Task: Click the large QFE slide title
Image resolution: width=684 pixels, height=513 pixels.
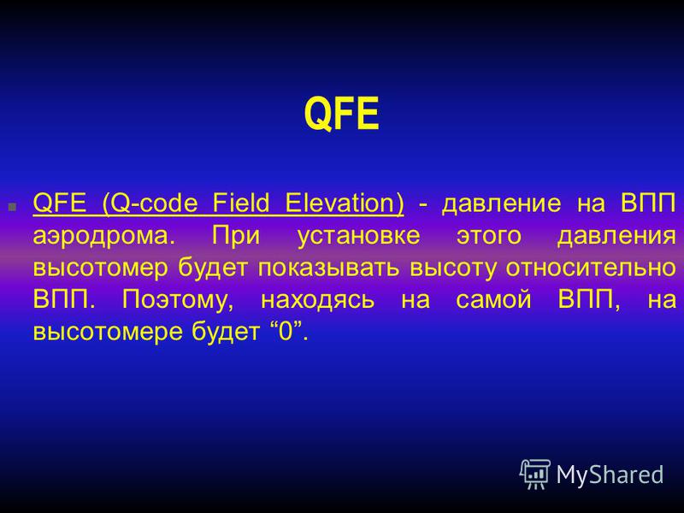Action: [341, 114]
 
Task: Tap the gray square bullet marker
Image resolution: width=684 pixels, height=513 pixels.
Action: [12, 207]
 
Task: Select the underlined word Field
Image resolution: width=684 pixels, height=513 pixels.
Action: [241, 203]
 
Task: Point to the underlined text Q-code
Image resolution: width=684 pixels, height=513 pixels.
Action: [150, 203]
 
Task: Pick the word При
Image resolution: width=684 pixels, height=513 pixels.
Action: [236, 236]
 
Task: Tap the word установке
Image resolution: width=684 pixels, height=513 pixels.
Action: [358, 237]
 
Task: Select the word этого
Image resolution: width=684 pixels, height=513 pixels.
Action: [489, 237]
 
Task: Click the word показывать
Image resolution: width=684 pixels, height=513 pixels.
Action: [328, 268]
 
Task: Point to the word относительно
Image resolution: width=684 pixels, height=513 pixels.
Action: [591, 268]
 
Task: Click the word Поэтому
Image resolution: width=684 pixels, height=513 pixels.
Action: [178, 301]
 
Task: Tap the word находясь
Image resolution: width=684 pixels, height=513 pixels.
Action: [317, 301]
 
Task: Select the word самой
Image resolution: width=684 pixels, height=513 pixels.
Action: [493, 300]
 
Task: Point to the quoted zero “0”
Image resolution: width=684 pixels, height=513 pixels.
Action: [286, 331]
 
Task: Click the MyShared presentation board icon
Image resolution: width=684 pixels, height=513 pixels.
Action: [535, 474]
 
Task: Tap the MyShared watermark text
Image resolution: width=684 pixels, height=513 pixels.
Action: [610, 475]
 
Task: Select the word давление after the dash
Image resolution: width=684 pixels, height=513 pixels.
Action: [502, 204]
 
